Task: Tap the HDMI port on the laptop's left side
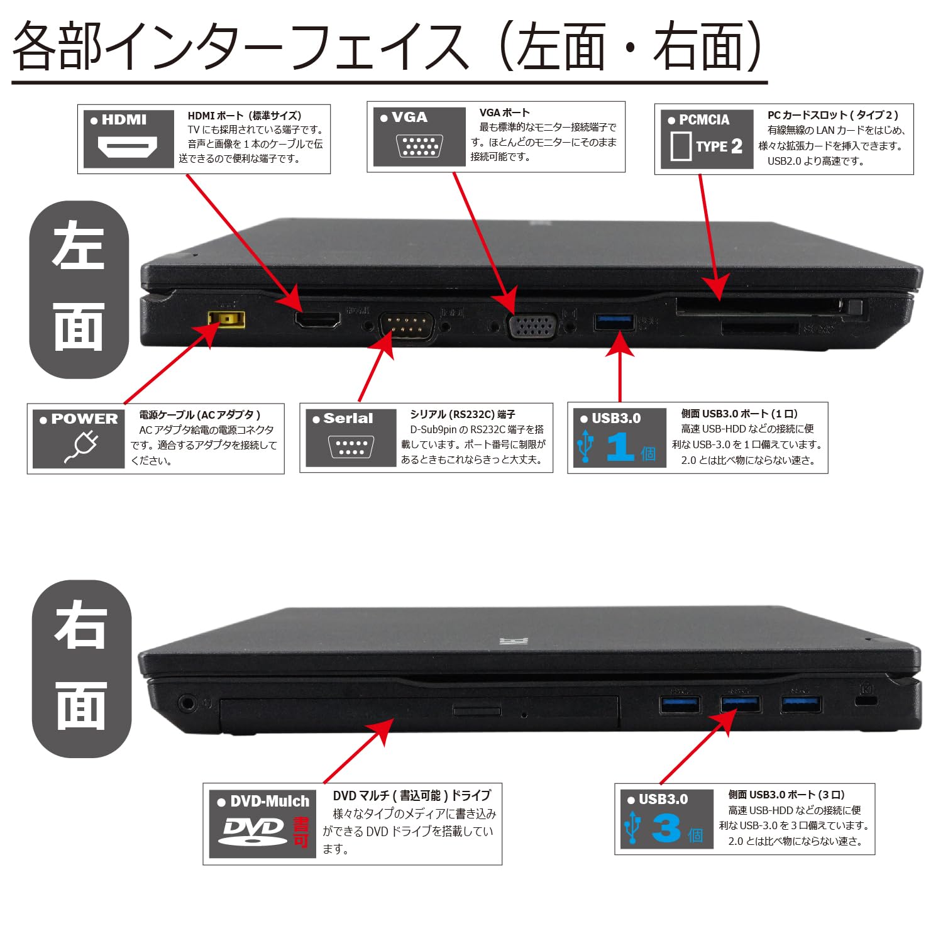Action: [x=317, y=319]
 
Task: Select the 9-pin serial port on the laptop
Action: [x=407, y=325]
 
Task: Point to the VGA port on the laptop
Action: [x=532, y=326]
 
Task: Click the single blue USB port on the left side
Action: [x=614, y=321]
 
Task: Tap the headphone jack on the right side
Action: [x=187, y=702]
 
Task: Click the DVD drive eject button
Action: [x=477, y=710]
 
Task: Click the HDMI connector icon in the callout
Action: [x=127, y=148]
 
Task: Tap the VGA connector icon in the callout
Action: [x=419, y=146]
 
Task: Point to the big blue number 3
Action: [x=666, y=828]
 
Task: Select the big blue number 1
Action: [x=620, y=446]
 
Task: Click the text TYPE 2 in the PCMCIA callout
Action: [x=719, y=146]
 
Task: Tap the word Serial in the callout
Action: [x=348, y=419]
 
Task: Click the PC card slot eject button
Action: [x=855, y=308]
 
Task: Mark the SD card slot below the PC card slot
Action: [x=759, y=328]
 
